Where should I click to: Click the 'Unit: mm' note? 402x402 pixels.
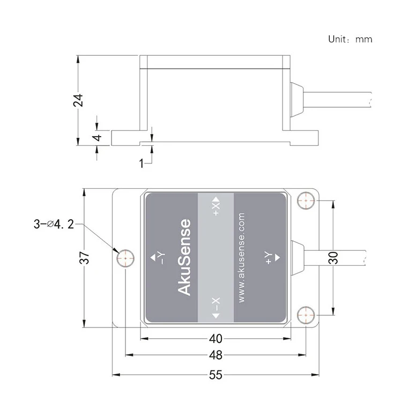point(350,39)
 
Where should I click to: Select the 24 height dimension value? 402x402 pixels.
point(78,100)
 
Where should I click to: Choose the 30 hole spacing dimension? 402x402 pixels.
point(333,258)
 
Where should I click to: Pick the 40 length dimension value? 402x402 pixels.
point(215,339)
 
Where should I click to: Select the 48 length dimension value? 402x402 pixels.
point(215,355)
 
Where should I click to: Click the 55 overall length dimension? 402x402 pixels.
point(215,375)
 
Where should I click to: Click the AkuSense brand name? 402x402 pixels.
point(184,257)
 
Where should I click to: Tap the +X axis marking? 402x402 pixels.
point(216,206)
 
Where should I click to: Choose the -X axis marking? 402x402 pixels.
point(216,309)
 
